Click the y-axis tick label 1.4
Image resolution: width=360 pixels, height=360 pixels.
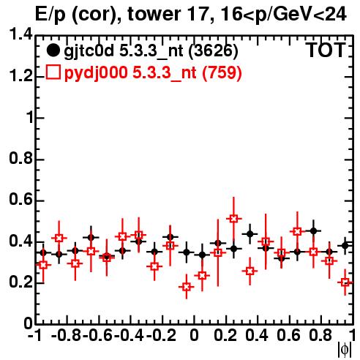[20, 34]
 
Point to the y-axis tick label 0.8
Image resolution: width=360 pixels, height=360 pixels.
[20, 158]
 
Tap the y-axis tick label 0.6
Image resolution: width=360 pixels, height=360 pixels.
[20, 200]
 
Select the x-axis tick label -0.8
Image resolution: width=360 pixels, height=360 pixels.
[66, 336]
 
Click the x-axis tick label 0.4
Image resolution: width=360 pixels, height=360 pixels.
[257, 336]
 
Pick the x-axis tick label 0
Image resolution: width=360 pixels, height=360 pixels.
[194, 336]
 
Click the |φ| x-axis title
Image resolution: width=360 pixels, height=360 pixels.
[345, 350]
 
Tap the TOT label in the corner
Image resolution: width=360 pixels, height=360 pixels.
[326, 50]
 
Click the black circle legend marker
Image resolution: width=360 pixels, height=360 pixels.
[53, 50]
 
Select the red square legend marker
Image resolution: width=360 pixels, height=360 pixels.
[53, 72]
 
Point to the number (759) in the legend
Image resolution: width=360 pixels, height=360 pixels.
[222, 73]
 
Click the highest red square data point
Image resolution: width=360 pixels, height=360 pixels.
[233, 219]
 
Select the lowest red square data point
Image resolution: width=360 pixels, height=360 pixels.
[187, 287]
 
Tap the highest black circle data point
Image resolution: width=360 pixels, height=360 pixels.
[313, 230]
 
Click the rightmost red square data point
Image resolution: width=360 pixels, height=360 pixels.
[345, 282]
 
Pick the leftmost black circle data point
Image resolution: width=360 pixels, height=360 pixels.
[43, 252]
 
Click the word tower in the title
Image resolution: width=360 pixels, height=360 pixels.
[154, 14]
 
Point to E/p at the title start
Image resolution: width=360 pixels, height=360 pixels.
[50, 15]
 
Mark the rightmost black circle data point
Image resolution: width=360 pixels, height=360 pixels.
[345, 246]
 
